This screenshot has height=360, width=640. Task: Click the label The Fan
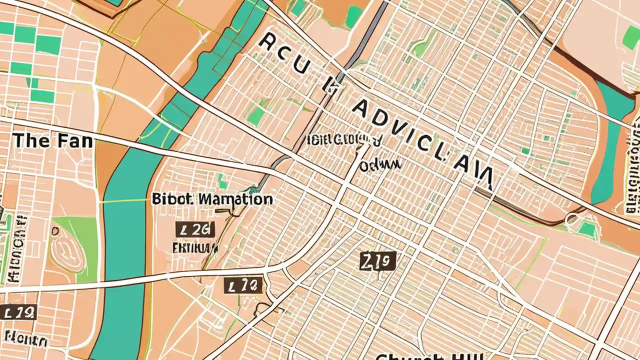pos(52,140)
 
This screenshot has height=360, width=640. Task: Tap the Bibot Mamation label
pos(212,199)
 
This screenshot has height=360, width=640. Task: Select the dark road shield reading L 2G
pos(195,229)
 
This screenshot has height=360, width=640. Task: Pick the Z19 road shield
pos(378,260)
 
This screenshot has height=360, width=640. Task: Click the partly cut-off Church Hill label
pos(429,356)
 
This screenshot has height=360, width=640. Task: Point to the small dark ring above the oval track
pos(55,231)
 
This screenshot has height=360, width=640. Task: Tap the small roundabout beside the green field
pos(570,219)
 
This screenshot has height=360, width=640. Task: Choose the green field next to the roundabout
pos(587,229)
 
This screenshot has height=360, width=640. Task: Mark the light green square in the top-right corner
pos(631,37)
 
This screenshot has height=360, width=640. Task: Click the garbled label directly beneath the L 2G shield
pos(195,247)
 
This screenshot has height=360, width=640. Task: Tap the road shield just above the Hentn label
pos(18,313)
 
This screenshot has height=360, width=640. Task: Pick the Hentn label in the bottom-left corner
pos(26,341)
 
